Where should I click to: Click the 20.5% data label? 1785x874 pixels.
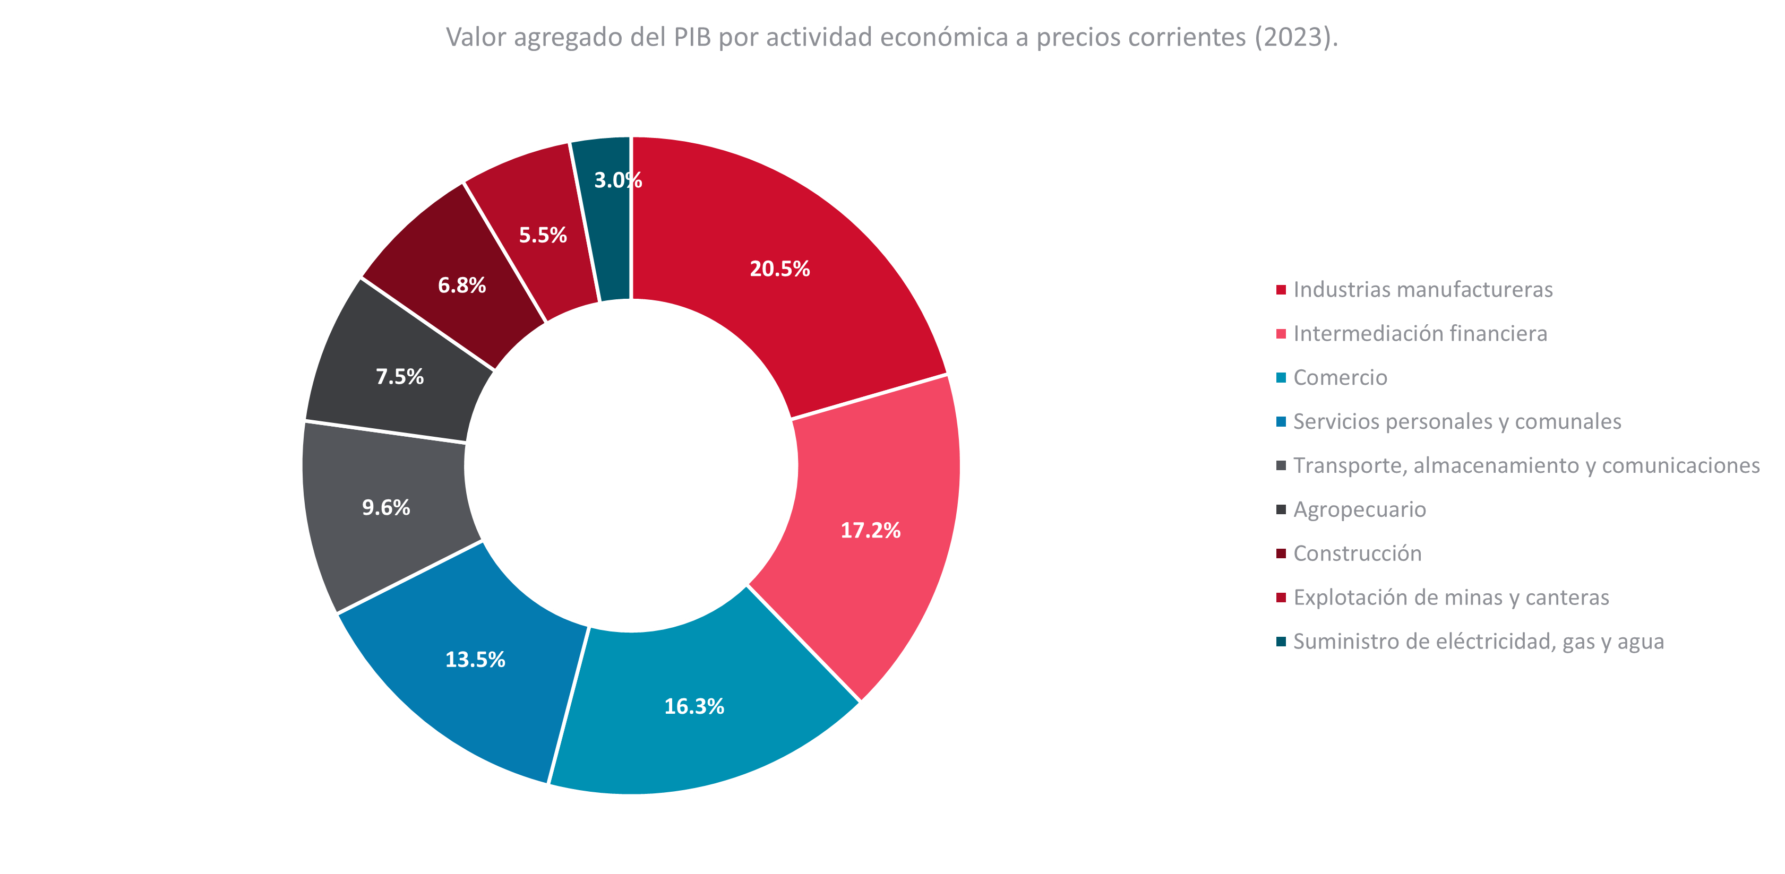point(779,269)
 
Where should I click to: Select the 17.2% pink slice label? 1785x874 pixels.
point(870,531)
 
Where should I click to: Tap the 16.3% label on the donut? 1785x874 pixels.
point(693,706)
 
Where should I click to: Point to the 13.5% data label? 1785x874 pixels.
point(475,659)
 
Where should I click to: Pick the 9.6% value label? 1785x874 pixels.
point(386,508)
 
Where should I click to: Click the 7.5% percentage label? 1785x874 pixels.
point(400,377)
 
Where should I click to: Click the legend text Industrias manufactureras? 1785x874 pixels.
point(1422,290)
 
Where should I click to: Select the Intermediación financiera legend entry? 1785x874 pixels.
point(1420,334)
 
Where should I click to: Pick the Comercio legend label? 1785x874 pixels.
point(1340,377)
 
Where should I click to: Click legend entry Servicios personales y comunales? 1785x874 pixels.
point(1456,422)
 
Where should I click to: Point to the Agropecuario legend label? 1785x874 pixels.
point(1360,510)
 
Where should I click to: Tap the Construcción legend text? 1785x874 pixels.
point(1357,553)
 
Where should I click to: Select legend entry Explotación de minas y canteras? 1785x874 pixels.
point(1451,598)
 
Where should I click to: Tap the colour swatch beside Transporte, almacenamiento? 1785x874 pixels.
point(1281,465)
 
